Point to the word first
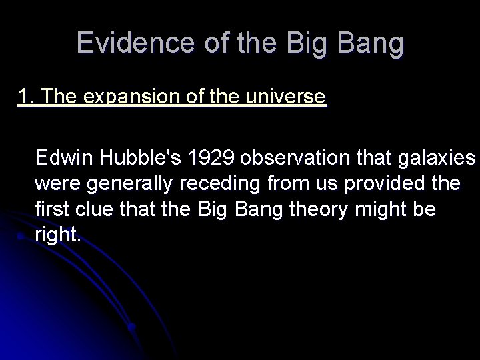click(x=51, y=209)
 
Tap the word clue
click(x=91, y=209)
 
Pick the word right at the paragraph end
click(x=58, y=235)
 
